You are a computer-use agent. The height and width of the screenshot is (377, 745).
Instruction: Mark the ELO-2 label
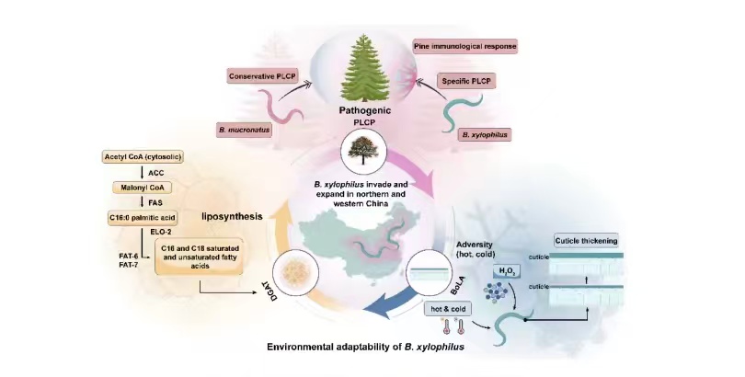[x=151, y=233]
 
